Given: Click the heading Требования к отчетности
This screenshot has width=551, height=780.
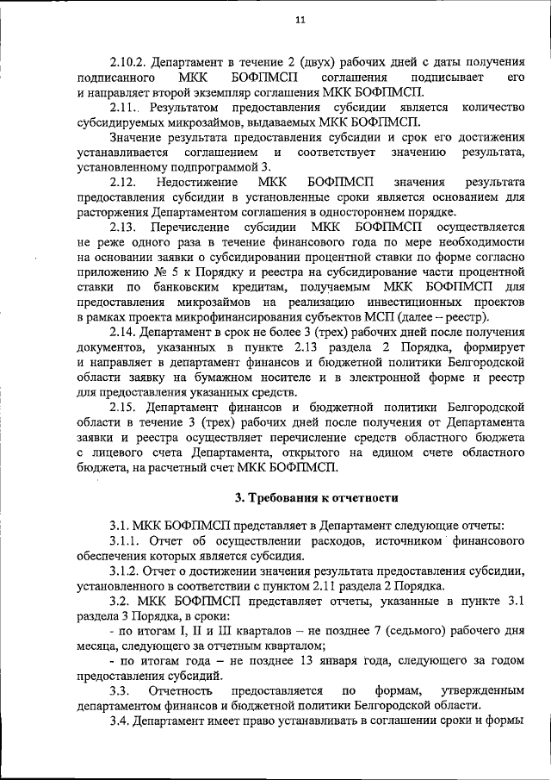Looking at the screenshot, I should pyautogui.click(x=316, y=496).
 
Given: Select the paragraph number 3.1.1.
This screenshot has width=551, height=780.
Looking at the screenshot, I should pyautogui.click(x=126, y=541).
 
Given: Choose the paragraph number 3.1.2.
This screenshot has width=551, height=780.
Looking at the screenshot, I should pyautogui.click(x=126, y=571).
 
